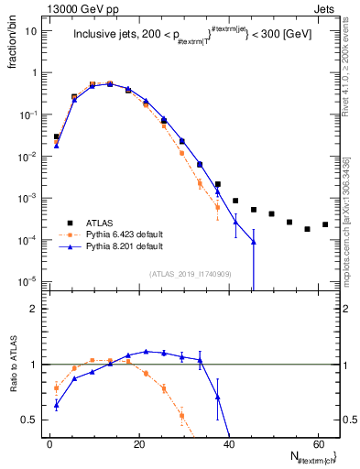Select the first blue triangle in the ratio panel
(57, 404)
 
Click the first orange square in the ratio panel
(57, 387)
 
